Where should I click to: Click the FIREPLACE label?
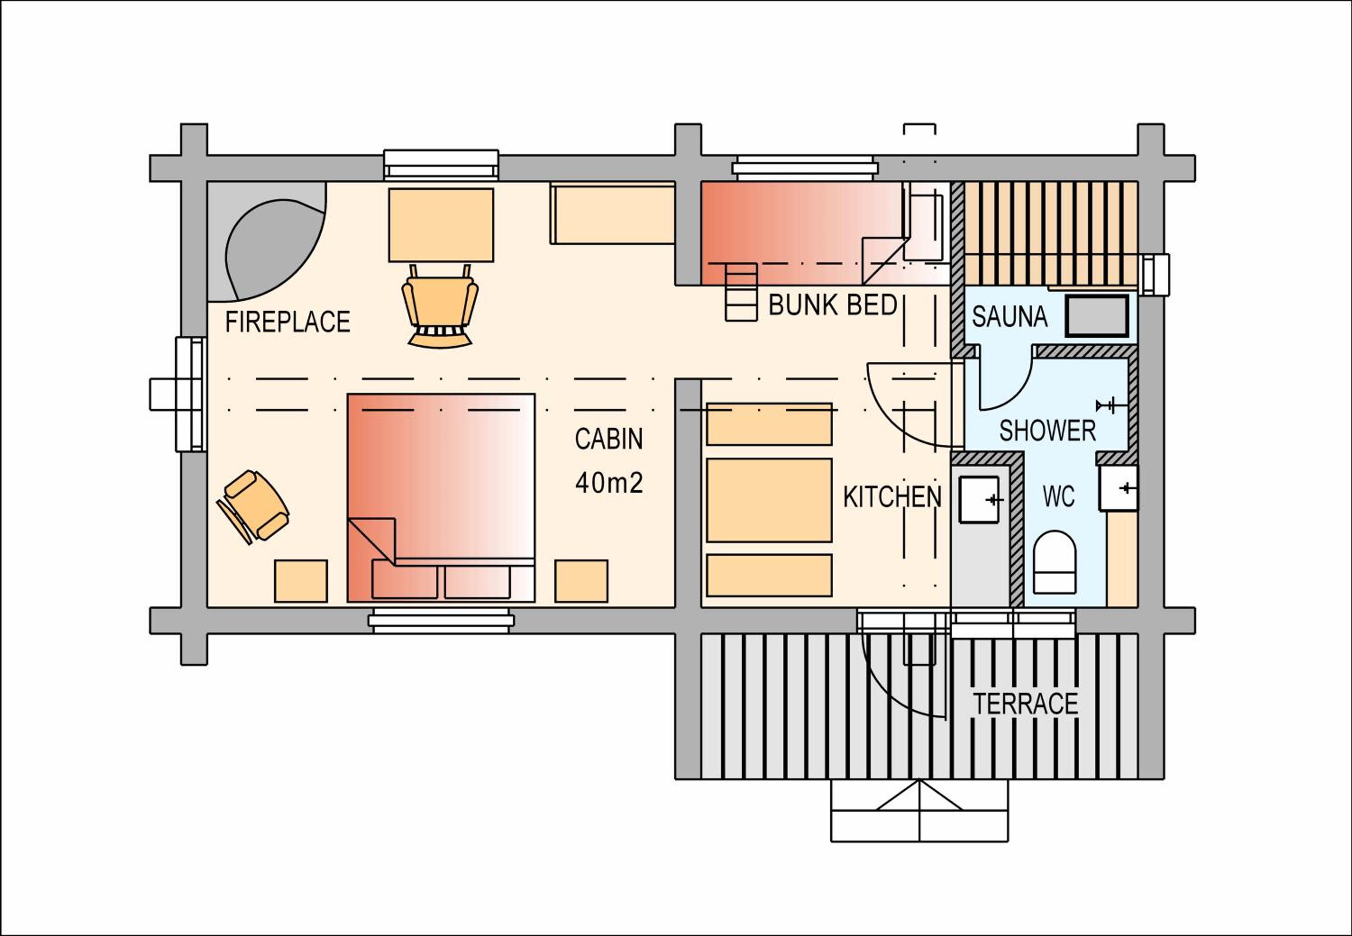click(288, 322)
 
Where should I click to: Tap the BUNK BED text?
click(833, 305)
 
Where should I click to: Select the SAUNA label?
click(1009, 317)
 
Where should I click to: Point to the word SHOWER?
click(1047, 431)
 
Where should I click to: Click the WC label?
click(1059, 497)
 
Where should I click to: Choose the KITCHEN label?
click(892, 497)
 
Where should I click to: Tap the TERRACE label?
click(1026, 704)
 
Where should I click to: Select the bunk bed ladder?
click(741, 292)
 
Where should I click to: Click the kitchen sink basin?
click(979, 499)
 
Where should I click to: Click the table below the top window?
click(441, 225)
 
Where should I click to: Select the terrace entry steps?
click(919, 810)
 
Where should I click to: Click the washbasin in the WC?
click(1118, 488)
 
